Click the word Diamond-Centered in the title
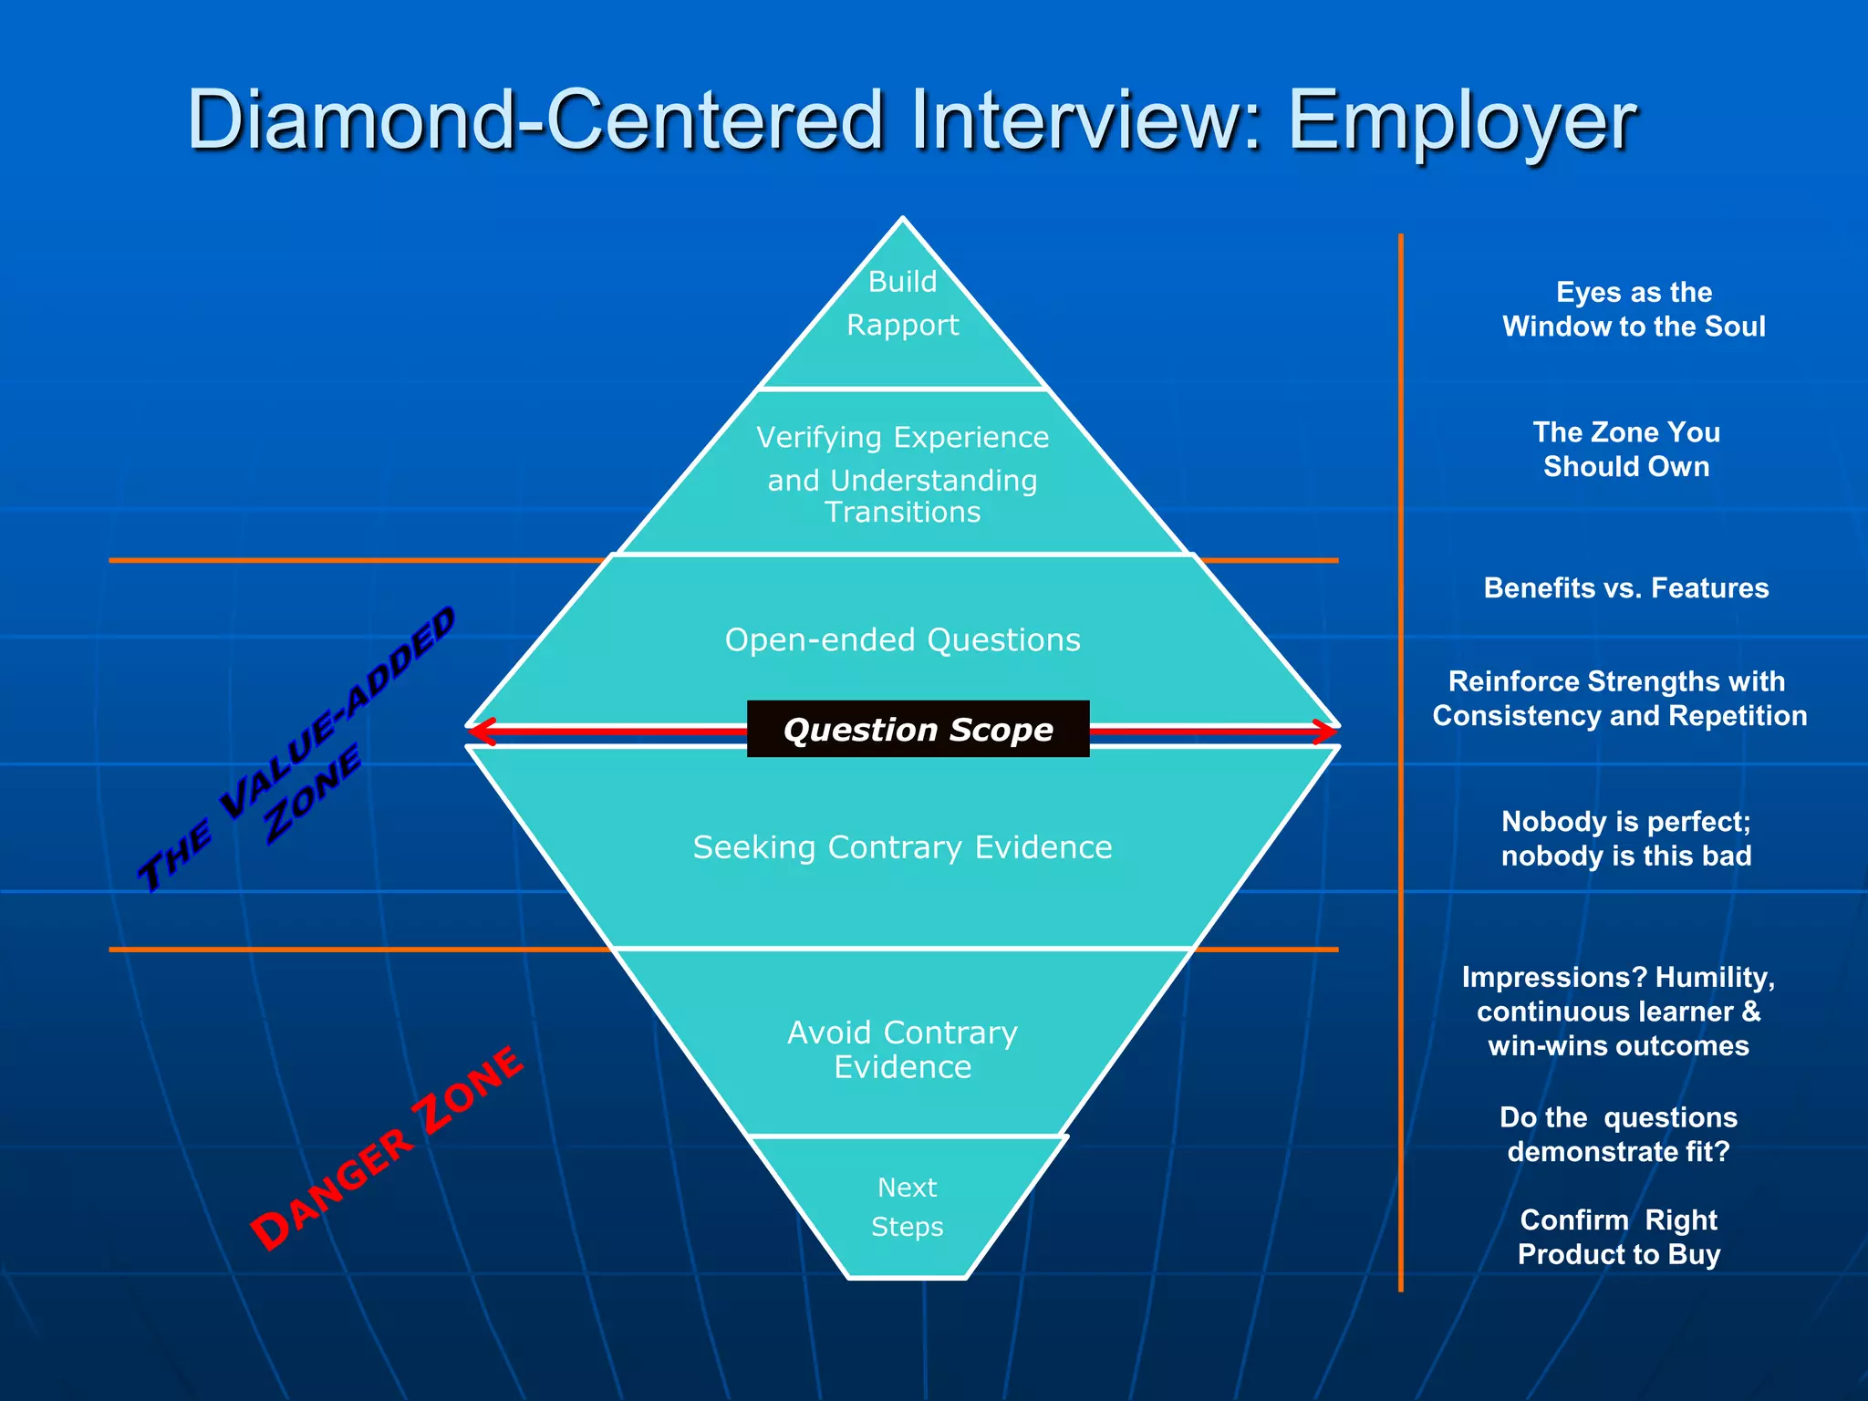(535, 121)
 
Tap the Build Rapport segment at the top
(902, 304)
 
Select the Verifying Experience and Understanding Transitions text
(902, 474)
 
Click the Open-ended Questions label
(902, 640)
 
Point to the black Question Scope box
(918, 729)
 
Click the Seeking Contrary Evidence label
(902, 847)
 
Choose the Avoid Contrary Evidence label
(902, 1049)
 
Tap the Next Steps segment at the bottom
(907, 1207)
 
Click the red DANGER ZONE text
(387, 1148)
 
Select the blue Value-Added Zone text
(296, 748)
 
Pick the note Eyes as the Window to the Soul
(1633, 309)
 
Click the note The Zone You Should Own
(1626, 449)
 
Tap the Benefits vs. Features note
(1626, 588)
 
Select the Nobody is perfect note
(1626, 838)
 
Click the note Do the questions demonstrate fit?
(1618, 1134)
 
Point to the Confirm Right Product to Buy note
(1618, 1237)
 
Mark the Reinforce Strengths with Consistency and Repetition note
(1619, 698)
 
